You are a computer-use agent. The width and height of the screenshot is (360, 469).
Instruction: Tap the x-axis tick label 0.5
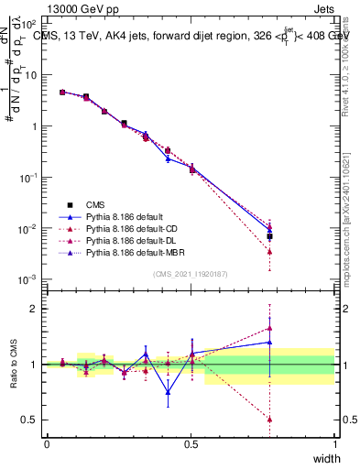(191, 443)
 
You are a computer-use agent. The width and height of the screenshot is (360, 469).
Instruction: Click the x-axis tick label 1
(334, 443)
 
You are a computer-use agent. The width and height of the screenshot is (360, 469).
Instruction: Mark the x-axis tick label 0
(47, 443)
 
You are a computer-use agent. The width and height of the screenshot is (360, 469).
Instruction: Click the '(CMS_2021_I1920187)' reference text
(191, 273)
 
